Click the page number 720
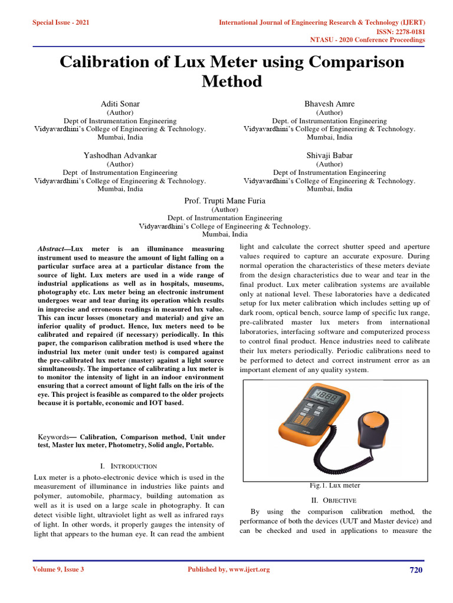pyautogui.click(x=416, y=569)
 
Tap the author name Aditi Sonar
pyautogui.click(x=120, y=104)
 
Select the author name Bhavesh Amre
pyautogui.click(x=329, y=104)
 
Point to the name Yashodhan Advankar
pyautogui.click(x=120, y=155)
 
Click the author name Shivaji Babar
pyautogui.click(x=329, y=155)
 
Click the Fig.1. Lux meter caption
pyautogui.click(x=335, y=485)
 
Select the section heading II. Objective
pyautogui.click(x=335, y=500)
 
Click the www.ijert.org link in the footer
pyautogui.click(x=244, y=569)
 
